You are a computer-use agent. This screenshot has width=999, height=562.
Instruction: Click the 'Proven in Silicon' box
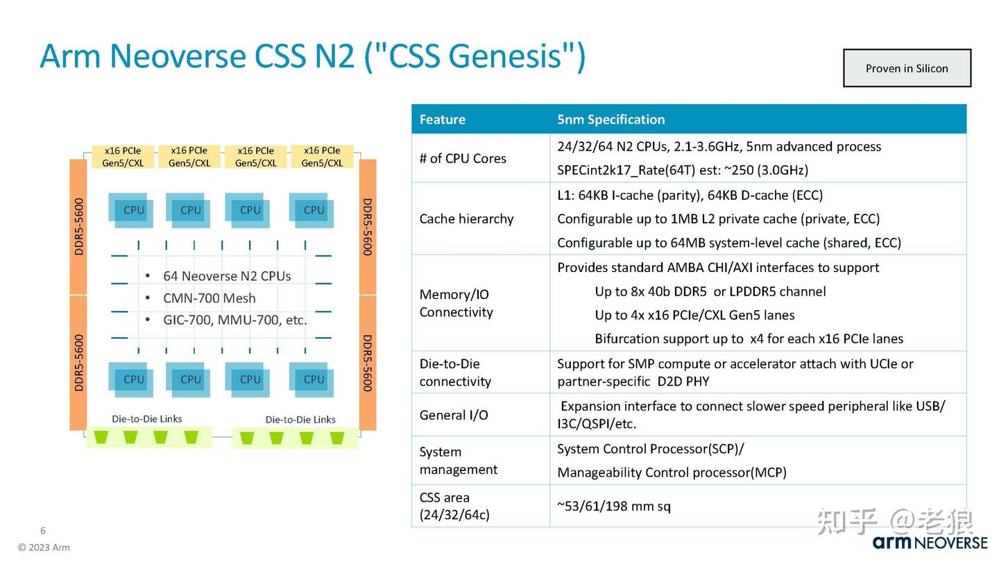pyautogui.click(x=906, y=68)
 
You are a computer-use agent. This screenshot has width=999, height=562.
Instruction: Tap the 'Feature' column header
pyautogui.click(x=442, y=119)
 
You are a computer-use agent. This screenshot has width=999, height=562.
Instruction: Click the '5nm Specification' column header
pyautogui.click(x=610, y=119)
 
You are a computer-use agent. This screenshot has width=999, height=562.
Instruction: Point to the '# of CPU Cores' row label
pyautogui.click(x=463, y=158)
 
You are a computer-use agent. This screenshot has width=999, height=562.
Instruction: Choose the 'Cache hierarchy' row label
pyautogui.click(x=466, y=219)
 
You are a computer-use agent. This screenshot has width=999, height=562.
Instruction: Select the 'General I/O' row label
pyautogui.click(x=454, y=415)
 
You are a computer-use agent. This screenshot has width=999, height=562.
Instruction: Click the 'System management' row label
pyautogui.click(x=458, y=461)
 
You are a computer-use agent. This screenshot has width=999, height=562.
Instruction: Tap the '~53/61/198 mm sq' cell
pyautogui.click(x=613, y=506)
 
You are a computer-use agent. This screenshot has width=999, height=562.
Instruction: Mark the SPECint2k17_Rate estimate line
pyautogui.click(x=682, y=170)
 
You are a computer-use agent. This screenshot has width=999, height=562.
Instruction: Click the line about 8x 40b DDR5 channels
pyautogui.click(x=710, y=291)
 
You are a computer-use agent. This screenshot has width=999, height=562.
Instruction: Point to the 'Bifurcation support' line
pyautogui.click(x=749, y=339)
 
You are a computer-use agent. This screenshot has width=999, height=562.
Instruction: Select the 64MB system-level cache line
pyautogui.click(x=728, y=243)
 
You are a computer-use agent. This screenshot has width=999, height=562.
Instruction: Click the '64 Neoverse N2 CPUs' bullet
pyautogui.click(x=226, y=276)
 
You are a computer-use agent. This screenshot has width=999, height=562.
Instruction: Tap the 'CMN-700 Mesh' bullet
pyautogui.click(x=209, y=298)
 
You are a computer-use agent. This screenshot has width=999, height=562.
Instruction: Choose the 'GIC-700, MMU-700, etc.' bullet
pyautogui.click(x=234, y=320)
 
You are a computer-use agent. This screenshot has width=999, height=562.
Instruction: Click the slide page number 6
pyautogui.click(x=43, y=531)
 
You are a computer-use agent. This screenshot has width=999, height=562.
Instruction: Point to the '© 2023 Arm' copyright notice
pyautogui.click(x=44, y=547)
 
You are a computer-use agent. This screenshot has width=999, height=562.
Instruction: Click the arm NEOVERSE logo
pyautogui.click(x=930, y=543)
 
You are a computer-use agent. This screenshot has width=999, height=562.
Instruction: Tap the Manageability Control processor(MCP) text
pyautogui.click(x=672, y=472)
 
